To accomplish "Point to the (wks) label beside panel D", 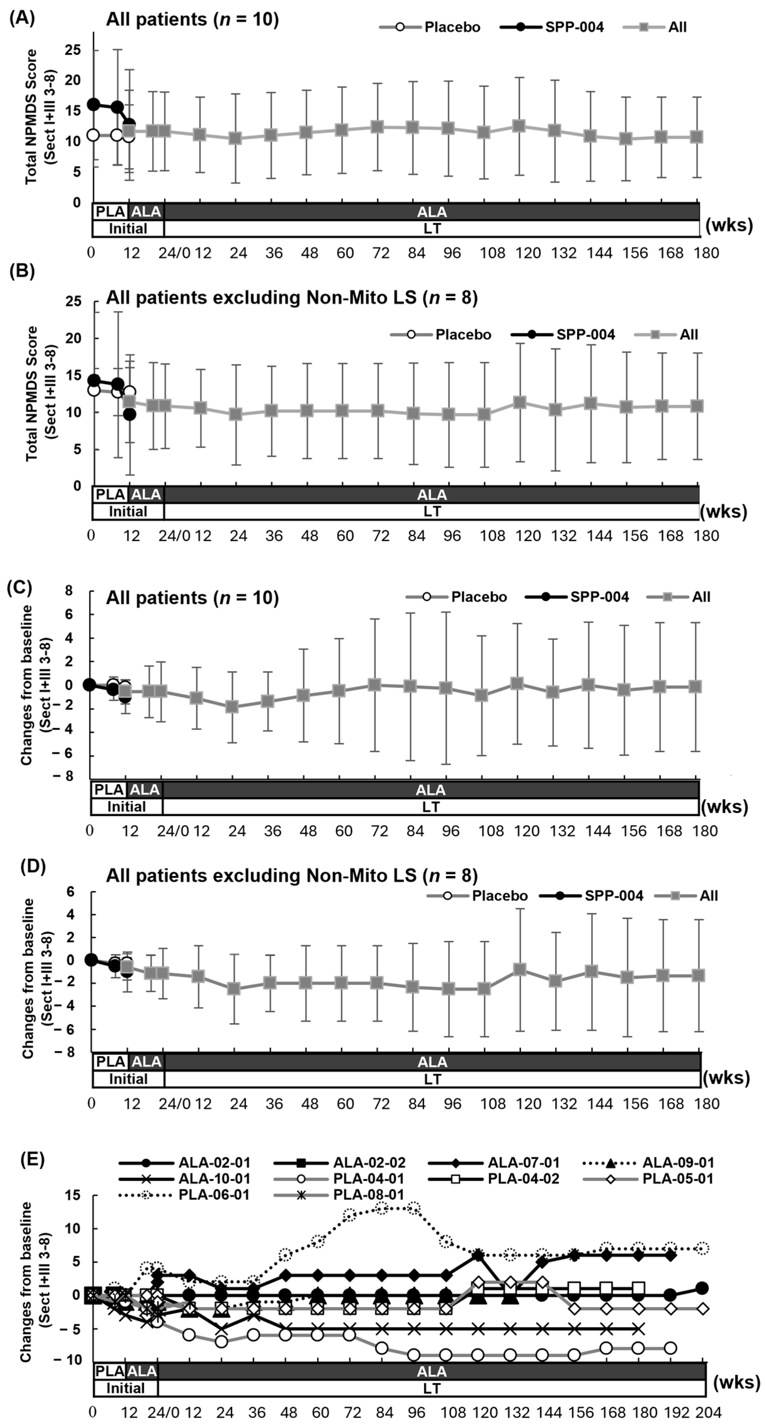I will (x=726, y=1078).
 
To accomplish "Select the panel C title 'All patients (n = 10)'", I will (x=192, y=598).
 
